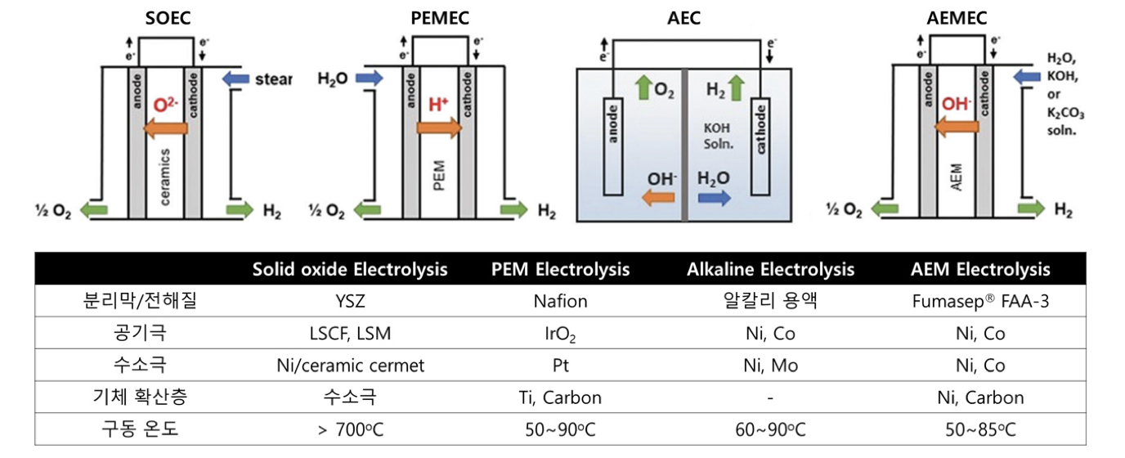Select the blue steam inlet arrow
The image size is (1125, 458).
click(235, 79)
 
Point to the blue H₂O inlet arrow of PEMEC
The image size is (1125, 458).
click(368, 79)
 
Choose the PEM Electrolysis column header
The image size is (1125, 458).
click(561, 269)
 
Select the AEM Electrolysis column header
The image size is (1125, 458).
click(980, 269)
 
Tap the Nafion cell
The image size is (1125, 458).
click(560, 301)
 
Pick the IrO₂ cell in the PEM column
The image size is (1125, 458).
click(560, 334)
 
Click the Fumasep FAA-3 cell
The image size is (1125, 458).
click(979, 301)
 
